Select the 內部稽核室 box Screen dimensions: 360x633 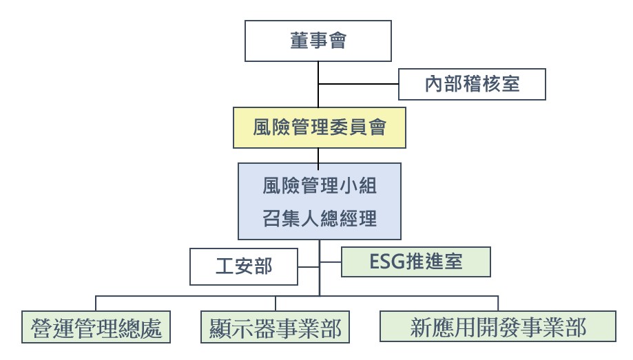(473, 85)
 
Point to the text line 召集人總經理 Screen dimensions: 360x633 (320, 219)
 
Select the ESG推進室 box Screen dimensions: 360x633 (417, 262)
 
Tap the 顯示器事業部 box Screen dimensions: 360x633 (276, 328)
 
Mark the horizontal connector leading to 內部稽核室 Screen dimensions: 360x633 (359, 85)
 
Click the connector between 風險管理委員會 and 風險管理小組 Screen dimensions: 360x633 (318, 156)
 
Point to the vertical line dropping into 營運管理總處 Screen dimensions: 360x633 (96, 304)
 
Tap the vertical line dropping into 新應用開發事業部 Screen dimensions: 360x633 (497, 304)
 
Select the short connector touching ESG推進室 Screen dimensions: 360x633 (331, 262)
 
